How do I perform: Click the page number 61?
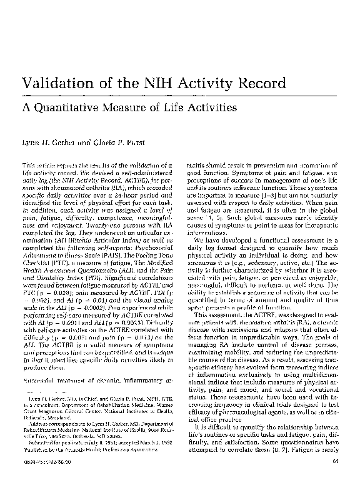[x=334, y=480]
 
